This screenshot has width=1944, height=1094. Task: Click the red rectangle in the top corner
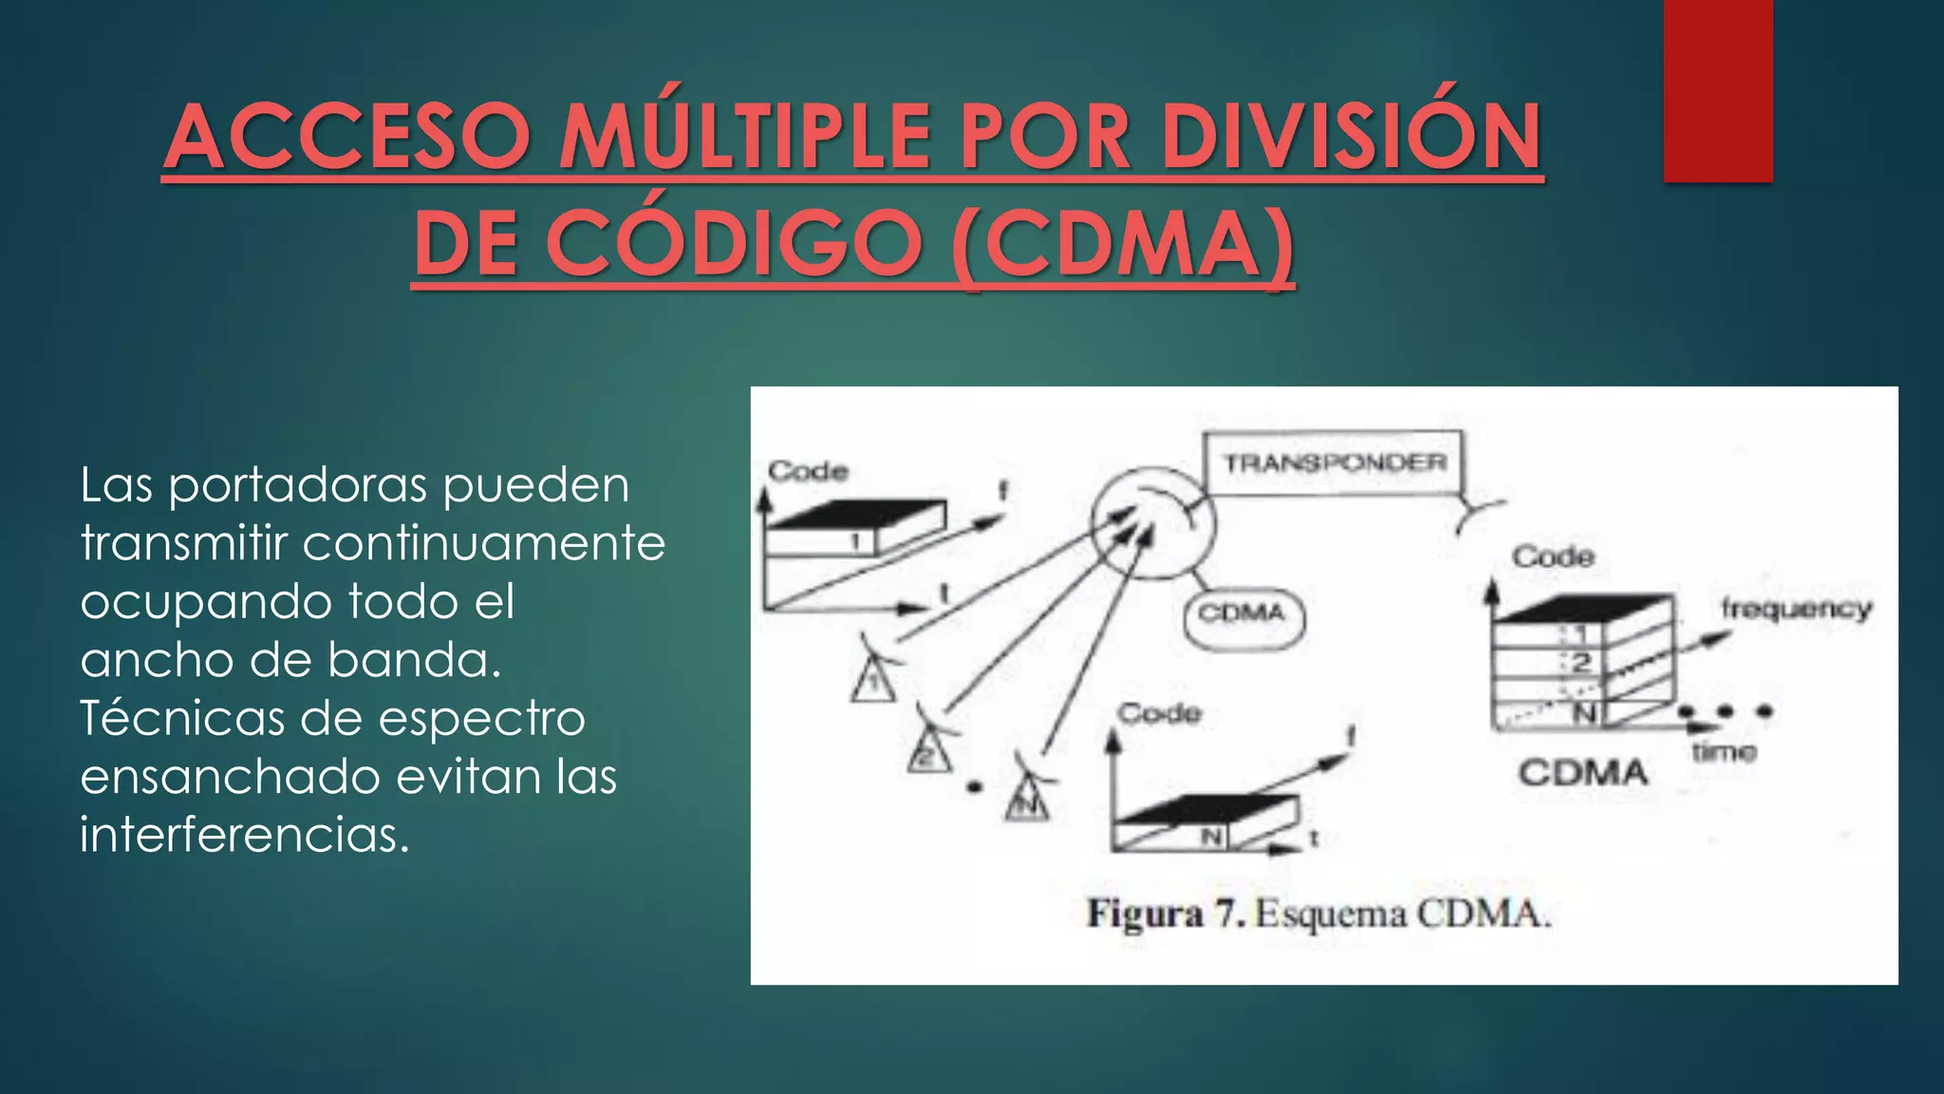tap(1717, 90)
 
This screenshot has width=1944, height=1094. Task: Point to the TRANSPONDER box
tap(1333, 462)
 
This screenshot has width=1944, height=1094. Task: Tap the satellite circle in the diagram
tap(1151, 523)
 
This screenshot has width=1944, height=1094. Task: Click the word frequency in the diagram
tap(1796, 608)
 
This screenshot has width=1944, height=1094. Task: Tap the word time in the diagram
tap(1724, 752)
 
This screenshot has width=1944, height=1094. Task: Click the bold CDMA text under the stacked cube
tap(1582, 773)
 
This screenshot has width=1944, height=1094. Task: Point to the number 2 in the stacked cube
tap(1580, 663)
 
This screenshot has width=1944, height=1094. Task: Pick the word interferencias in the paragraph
tap(245, 836)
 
